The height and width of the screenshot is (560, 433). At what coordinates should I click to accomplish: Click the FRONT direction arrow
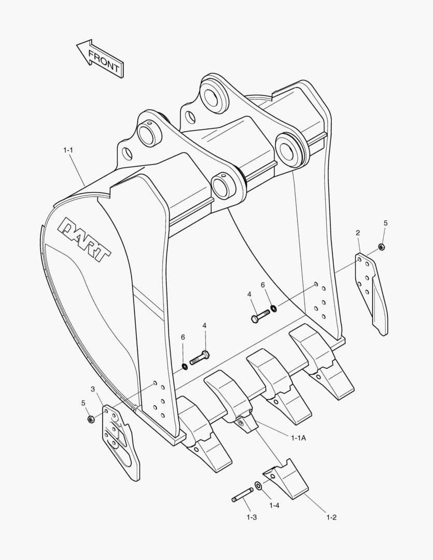point(100,59)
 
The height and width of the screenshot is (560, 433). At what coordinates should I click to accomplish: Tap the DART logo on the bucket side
point(85,237)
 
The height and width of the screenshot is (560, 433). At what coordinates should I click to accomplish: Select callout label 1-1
point(68,150)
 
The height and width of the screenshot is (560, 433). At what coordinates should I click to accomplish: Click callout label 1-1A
point(298,438)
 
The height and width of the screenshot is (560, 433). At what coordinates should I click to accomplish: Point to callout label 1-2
point(331,517)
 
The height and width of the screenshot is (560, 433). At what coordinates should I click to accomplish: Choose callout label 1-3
point(252,517)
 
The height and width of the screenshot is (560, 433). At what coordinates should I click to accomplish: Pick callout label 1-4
point(274,505)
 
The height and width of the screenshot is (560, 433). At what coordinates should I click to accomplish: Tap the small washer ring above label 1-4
point(258,486)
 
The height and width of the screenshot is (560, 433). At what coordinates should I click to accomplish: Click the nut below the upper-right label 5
point(381,247)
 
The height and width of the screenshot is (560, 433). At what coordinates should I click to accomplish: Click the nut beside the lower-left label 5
point(90,418)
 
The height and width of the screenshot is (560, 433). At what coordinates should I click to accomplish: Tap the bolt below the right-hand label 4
point(260,315)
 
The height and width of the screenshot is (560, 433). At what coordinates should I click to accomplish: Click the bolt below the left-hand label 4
point(200,357)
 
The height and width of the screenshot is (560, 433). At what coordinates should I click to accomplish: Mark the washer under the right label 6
point(273,309)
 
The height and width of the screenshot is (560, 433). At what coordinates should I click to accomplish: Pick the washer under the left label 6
point(184,367)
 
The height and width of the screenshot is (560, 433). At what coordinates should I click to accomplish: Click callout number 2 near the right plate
point(358,232)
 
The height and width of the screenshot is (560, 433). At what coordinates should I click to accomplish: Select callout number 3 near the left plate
point(93,389)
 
